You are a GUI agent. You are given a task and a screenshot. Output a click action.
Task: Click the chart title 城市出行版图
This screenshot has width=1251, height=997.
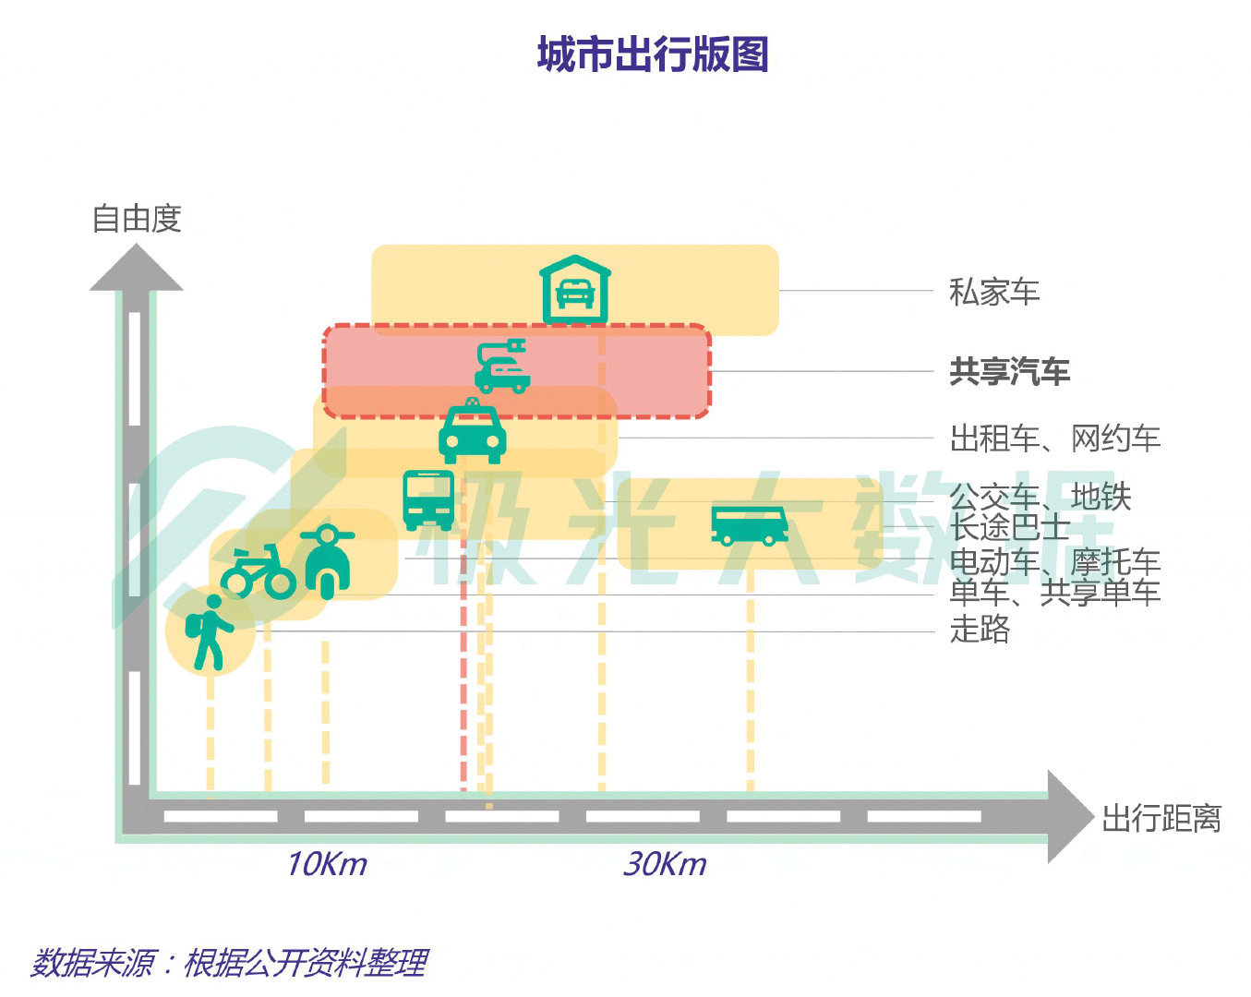point(653,54)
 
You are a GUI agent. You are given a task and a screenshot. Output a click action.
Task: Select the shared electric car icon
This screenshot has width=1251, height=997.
point(501,367)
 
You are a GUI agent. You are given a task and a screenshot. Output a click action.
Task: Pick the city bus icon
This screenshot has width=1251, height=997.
point(428,499)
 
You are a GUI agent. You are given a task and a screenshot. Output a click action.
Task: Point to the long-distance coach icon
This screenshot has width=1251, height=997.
point(749,524)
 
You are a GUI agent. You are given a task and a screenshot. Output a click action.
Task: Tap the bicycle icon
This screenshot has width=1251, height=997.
point(258,571)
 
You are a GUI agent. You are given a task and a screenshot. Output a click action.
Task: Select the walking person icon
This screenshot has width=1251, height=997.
point(210,632)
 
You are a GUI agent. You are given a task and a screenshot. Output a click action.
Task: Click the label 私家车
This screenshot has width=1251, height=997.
point(994,292)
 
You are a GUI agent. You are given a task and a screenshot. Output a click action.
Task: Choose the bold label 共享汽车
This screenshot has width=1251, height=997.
point(1009,371)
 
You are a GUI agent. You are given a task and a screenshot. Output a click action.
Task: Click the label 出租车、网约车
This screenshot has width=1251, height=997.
point(1054,438)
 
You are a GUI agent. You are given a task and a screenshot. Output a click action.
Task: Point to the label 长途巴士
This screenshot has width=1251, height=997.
point(1009,528)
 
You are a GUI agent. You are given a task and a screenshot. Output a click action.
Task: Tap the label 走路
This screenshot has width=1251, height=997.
point(980,630)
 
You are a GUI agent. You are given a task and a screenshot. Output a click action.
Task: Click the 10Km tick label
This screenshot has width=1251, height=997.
point(326,864)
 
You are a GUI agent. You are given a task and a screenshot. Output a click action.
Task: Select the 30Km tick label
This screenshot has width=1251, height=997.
point(665,864)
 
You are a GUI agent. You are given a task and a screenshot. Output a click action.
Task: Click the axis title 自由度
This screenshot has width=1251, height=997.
point(137,219)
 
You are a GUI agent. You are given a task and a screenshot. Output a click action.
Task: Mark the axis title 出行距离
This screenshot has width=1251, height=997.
point(1161,818)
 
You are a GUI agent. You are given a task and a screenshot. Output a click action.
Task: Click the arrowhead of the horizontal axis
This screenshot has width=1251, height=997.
point(1069,817)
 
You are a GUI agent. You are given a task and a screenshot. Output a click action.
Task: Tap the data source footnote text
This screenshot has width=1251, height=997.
point(229,963)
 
